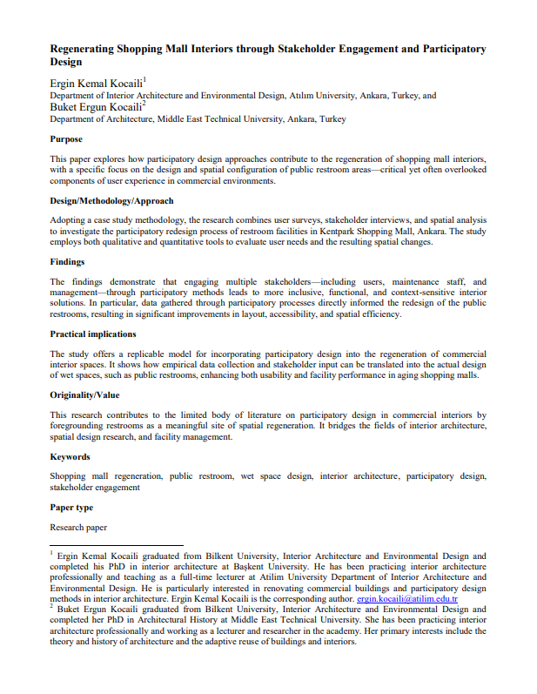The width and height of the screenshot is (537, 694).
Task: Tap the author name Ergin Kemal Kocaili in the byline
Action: tap(96, 84)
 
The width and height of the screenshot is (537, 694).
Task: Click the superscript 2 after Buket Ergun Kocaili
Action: tap(144, 103)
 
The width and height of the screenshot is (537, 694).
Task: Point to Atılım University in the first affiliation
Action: tap(313, 96)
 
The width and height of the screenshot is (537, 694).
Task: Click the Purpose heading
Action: tap(66, 139)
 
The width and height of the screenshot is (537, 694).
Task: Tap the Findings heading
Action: tap(69, 261)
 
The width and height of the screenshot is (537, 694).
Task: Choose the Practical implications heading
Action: tap(93, 334)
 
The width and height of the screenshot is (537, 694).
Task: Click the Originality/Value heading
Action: tap(85, 394)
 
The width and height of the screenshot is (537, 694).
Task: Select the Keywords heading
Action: tap(70, 456)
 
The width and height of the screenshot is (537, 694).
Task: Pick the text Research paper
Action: tap(78, 528)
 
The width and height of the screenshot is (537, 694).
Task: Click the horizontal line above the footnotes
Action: tap(116, 545)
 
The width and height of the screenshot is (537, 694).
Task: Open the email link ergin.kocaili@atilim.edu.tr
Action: tap(407, 599)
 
